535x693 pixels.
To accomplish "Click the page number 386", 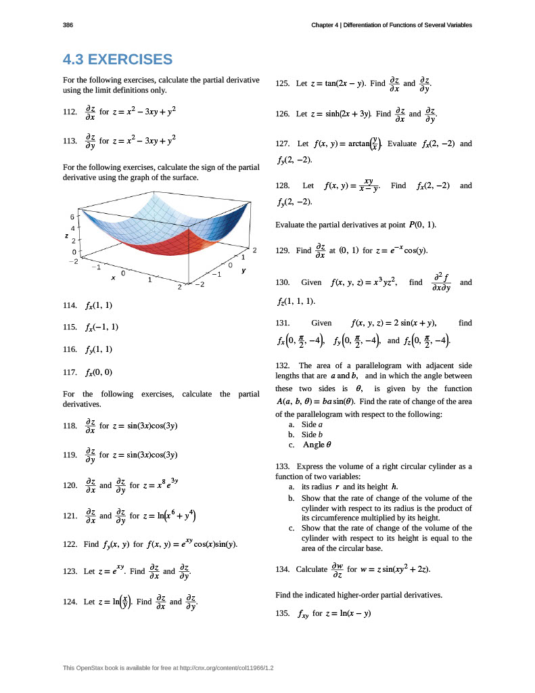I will coord(68,25).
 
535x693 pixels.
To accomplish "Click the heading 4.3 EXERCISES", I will coord(117,60).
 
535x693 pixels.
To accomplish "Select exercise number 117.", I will coord(69,372).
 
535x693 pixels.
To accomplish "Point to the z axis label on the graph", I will coord(66,236).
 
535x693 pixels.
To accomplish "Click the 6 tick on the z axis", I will coord(72,217).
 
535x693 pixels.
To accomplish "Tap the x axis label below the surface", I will coord(114,277).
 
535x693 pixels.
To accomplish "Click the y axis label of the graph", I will coord(242,270).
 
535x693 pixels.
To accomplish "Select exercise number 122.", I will coord(69,544).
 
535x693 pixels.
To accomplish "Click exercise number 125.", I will coord(283,83).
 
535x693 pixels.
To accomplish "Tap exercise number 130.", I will coord(283,282).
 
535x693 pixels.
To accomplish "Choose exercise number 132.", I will coord(283,365).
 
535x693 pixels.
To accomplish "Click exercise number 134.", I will coord(283,569).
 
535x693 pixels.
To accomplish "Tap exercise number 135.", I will coord(283,614).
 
